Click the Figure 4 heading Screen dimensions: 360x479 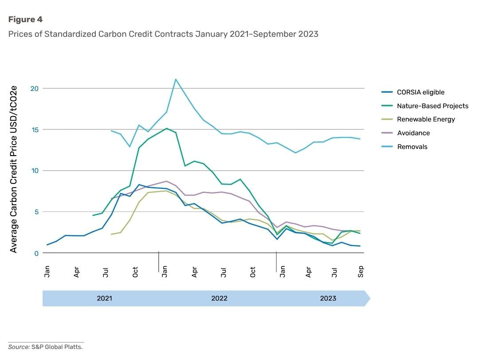tap(25, 20)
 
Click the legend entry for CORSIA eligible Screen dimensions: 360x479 tap(420, 92)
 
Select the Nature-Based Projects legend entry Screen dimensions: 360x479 tap(432, 106)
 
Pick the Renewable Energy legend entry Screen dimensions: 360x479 tap(426, 119)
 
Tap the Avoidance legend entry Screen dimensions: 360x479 tap(413, 133)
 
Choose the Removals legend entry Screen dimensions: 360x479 tap(412, 147)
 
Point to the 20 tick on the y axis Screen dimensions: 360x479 tap(35, 89)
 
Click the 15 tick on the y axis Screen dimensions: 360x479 tap(35, 129)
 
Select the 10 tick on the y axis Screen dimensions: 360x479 tap(35, 171)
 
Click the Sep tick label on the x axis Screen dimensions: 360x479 tap(361, 272)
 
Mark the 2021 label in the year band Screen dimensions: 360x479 tap(104, 298)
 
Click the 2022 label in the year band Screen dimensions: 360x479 tap(219, 298)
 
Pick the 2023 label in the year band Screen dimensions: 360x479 tap(328, 298)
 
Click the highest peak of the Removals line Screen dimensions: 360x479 tap(176, 79)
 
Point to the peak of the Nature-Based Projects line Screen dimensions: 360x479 tap(166, 128)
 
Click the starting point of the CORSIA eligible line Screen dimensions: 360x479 tap(47, 245)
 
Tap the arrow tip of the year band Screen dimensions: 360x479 tap(369, 298)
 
